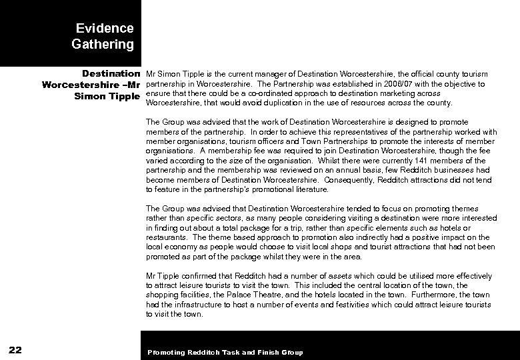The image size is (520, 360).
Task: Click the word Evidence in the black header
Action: coord(105,29)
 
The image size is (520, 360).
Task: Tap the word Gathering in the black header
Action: coord(102,45)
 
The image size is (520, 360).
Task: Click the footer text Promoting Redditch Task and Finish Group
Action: coord(225,352)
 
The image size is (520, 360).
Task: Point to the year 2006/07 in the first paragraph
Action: coord(389,84)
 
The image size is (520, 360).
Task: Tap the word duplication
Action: coord(262,103)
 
